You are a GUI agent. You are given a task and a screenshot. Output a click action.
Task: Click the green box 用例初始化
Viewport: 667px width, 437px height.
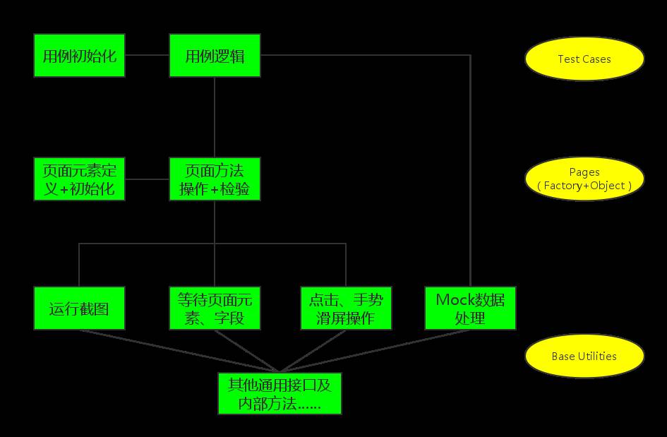(x=79, y=55)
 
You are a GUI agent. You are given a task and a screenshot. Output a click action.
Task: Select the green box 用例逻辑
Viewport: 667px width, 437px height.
(x=215, y=55)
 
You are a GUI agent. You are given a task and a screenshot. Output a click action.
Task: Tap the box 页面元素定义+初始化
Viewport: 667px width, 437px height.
(x=79, y=179)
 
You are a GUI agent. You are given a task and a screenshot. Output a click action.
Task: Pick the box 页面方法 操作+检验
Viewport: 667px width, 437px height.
(x=215, y=179)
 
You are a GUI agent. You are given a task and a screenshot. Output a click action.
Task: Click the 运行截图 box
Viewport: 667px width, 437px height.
(x=79, y=308)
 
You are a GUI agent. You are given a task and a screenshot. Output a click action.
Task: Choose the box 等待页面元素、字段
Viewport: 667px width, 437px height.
(x=215, y=308)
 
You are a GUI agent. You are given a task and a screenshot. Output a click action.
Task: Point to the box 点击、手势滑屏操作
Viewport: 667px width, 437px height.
(x=346, y=308)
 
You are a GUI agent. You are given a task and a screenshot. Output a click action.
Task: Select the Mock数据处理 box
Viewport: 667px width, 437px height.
(x=470, y=308)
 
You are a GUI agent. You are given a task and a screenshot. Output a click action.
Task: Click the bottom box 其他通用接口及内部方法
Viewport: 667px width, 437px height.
(x=280, y=393)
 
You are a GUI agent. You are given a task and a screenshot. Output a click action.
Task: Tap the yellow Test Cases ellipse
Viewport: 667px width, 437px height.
(x=584, y=59)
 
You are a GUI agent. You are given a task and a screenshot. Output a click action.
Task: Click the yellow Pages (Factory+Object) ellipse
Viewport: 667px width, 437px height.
(x=584, y=179)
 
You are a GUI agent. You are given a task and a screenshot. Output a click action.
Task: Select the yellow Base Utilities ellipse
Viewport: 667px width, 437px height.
(x=584, y=357)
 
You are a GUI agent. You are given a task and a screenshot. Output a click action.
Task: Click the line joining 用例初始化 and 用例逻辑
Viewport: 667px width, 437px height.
(x=147, y=55)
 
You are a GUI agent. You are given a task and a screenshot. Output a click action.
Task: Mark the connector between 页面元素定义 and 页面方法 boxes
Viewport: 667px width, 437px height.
(x=147, y=179)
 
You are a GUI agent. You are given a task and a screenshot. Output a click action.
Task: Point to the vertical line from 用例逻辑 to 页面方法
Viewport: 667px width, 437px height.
(x=215, y=116)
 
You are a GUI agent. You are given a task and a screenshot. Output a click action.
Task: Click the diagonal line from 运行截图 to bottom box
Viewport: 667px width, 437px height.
(x=176, y=350)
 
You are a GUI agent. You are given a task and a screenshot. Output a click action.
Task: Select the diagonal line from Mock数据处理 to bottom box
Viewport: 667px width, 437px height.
(x=374, y=350)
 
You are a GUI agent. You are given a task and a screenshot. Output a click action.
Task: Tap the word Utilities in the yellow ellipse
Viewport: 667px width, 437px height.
(x=599, y=357)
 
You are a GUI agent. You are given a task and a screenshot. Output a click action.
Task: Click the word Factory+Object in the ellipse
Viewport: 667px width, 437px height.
(x=584, y=186)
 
